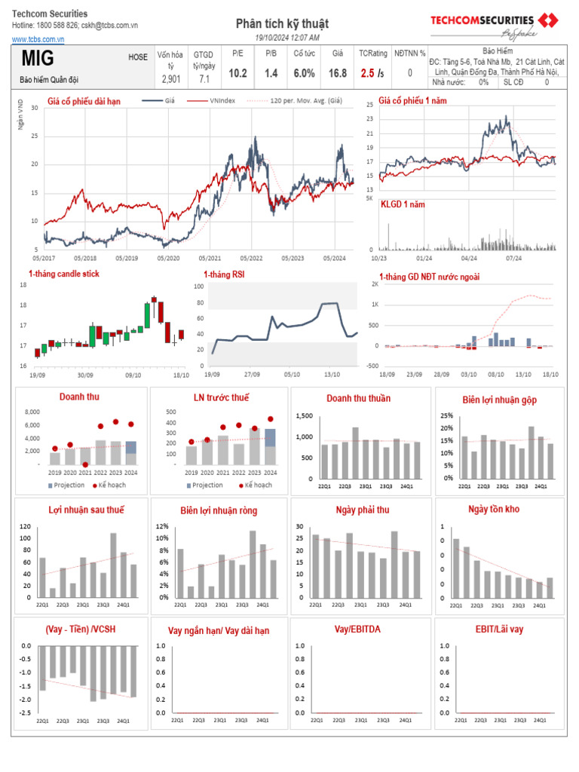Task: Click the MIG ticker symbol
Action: click(38, 59)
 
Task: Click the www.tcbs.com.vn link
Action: click(37, 38)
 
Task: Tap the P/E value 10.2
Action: click(237, 73)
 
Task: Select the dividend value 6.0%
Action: click(304, 73)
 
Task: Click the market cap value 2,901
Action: click(170, 78)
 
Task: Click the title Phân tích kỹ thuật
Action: click(282, 24)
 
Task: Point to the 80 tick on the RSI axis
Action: click(199, 302)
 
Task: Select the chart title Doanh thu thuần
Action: click(358, 398)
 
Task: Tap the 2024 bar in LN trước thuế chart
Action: click(270, 446)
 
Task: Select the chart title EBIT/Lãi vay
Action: click(499, 629)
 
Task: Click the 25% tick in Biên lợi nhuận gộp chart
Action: click(448, 415)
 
